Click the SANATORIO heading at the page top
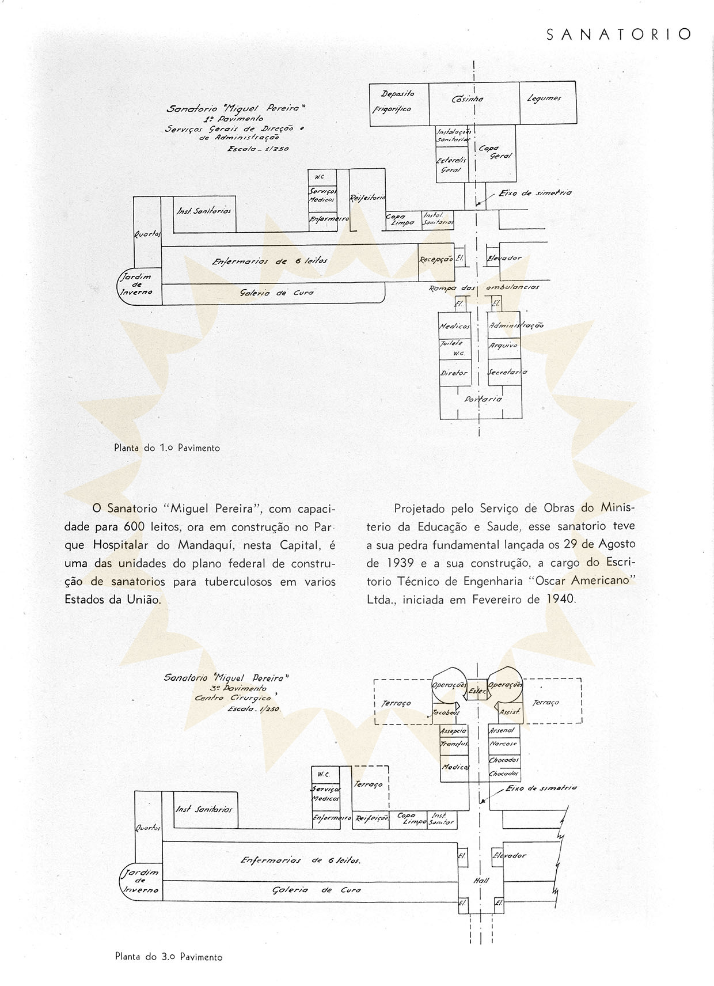[618, 35]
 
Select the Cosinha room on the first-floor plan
[468, 99]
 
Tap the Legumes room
[544, 98]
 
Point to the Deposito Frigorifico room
[397, 101]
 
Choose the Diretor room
[454, 373]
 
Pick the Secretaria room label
[507, 372]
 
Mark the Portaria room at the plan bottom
[483, 399]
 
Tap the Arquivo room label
[503, 346]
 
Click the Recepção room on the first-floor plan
[436, 260]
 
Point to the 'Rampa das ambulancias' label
[484, 287]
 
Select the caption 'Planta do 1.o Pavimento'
[167, 448]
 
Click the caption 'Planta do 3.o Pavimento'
[169, 957]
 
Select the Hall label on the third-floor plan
[481, 880]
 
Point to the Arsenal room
[502, 730]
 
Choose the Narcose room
[503, 744]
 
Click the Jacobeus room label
[446, 713]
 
